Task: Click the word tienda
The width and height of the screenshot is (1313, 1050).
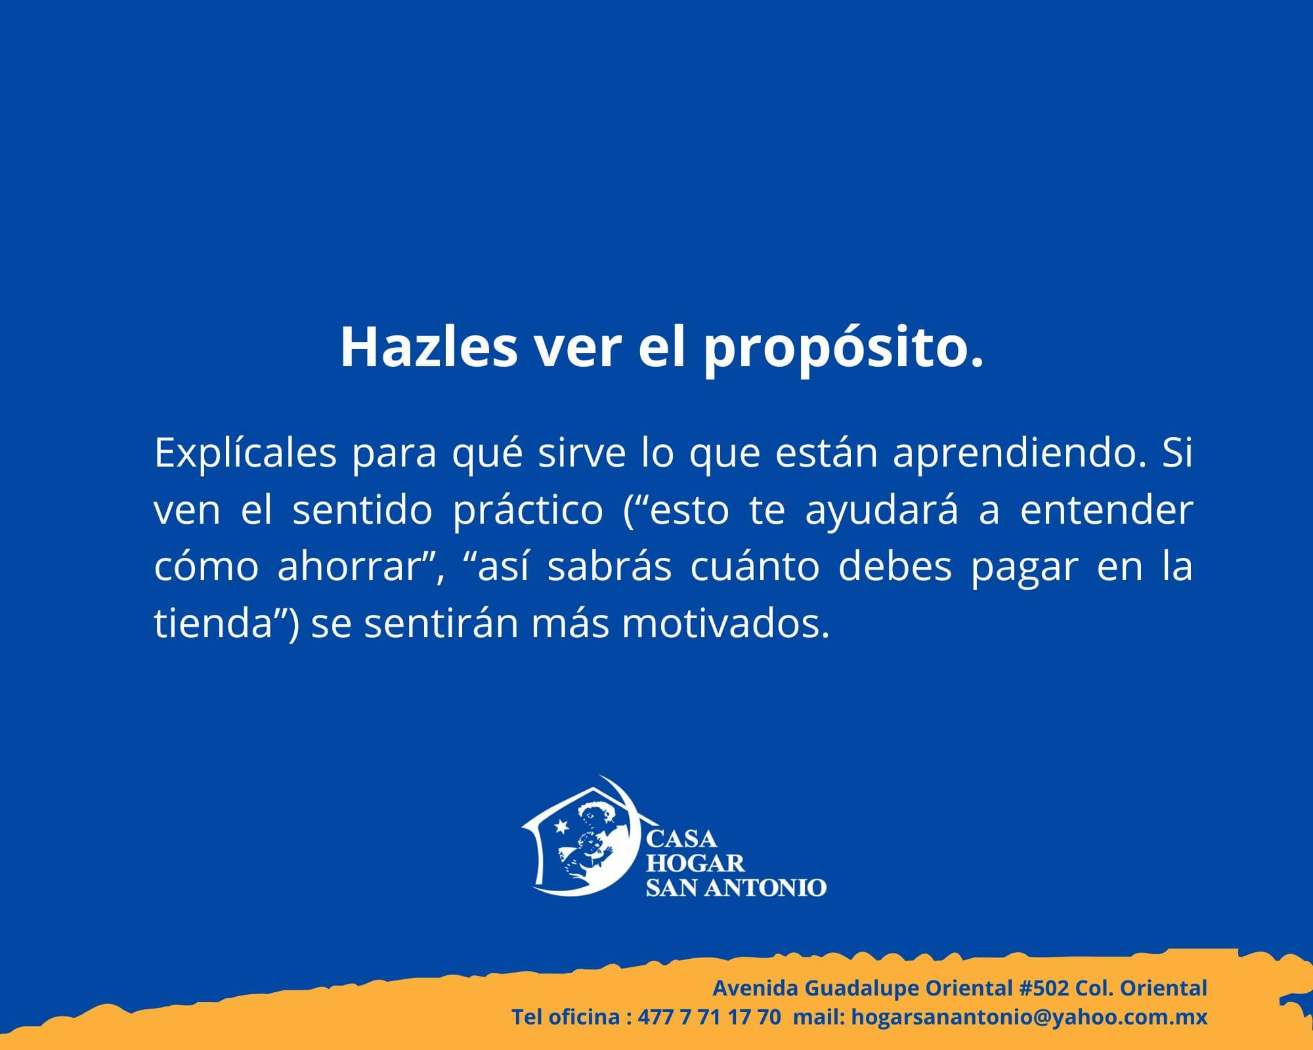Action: [x=213, y=623]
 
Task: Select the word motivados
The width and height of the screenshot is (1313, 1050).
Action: [x=721, y=623]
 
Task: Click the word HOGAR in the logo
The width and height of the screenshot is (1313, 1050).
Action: [x=695, y=863]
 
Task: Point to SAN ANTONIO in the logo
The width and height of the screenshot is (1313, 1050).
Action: [x=736, y=888]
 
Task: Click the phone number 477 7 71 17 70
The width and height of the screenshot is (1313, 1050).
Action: [x=709, y=1017]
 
